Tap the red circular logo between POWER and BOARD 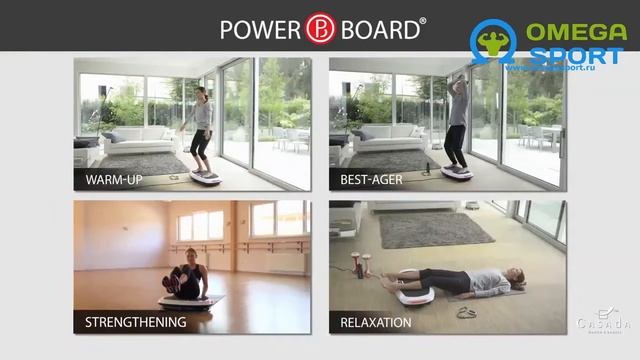click(x=320, y=28)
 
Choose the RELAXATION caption click(x=376, y=322)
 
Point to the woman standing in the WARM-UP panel click(x=200, y=130)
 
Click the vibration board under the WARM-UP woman click(x=206, y=177)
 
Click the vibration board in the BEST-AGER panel click(x=457, y=172)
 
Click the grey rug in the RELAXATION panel click(x=435, y=229)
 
